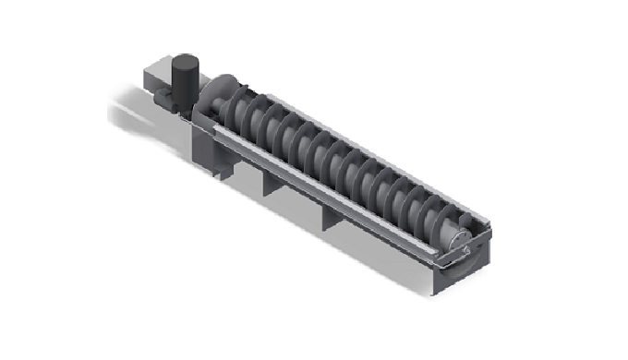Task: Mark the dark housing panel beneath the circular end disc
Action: coord(205,138)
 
